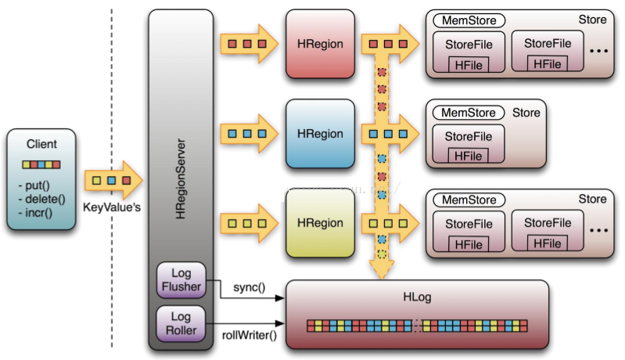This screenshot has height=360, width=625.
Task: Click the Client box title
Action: click(41, 144)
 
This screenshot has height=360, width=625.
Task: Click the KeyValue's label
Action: click(112, 207)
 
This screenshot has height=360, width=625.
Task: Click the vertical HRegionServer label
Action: click(181, 179)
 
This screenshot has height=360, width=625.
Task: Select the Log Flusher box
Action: click(181, 280)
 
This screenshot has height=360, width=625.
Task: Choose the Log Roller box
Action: click(181, 323)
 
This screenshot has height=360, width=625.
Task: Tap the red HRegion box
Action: click(321, 44)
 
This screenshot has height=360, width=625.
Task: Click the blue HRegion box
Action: click(321, 134)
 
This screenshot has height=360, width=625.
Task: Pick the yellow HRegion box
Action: click(321, 223)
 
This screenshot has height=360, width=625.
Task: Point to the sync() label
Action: click(249, 287)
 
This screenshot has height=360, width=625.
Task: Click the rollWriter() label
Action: click(249, 335)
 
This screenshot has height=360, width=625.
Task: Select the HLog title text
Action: click(417, 297)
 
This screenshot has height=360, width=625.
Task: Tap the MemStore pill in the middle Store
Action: click(469, 113)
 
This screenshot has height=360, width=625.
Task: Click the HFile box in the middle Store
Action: click(469, 156)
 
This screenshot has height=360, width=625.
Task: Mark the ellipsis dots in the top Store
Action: click(598, 51)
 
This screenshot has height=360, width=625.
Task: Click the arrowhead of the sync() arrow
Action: click(280, 298)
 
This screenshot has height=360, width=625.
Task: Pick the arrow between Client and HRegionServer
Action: click(113, 181)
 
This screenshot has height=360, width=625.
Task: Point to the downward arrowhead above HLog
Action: click(382, 269)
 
